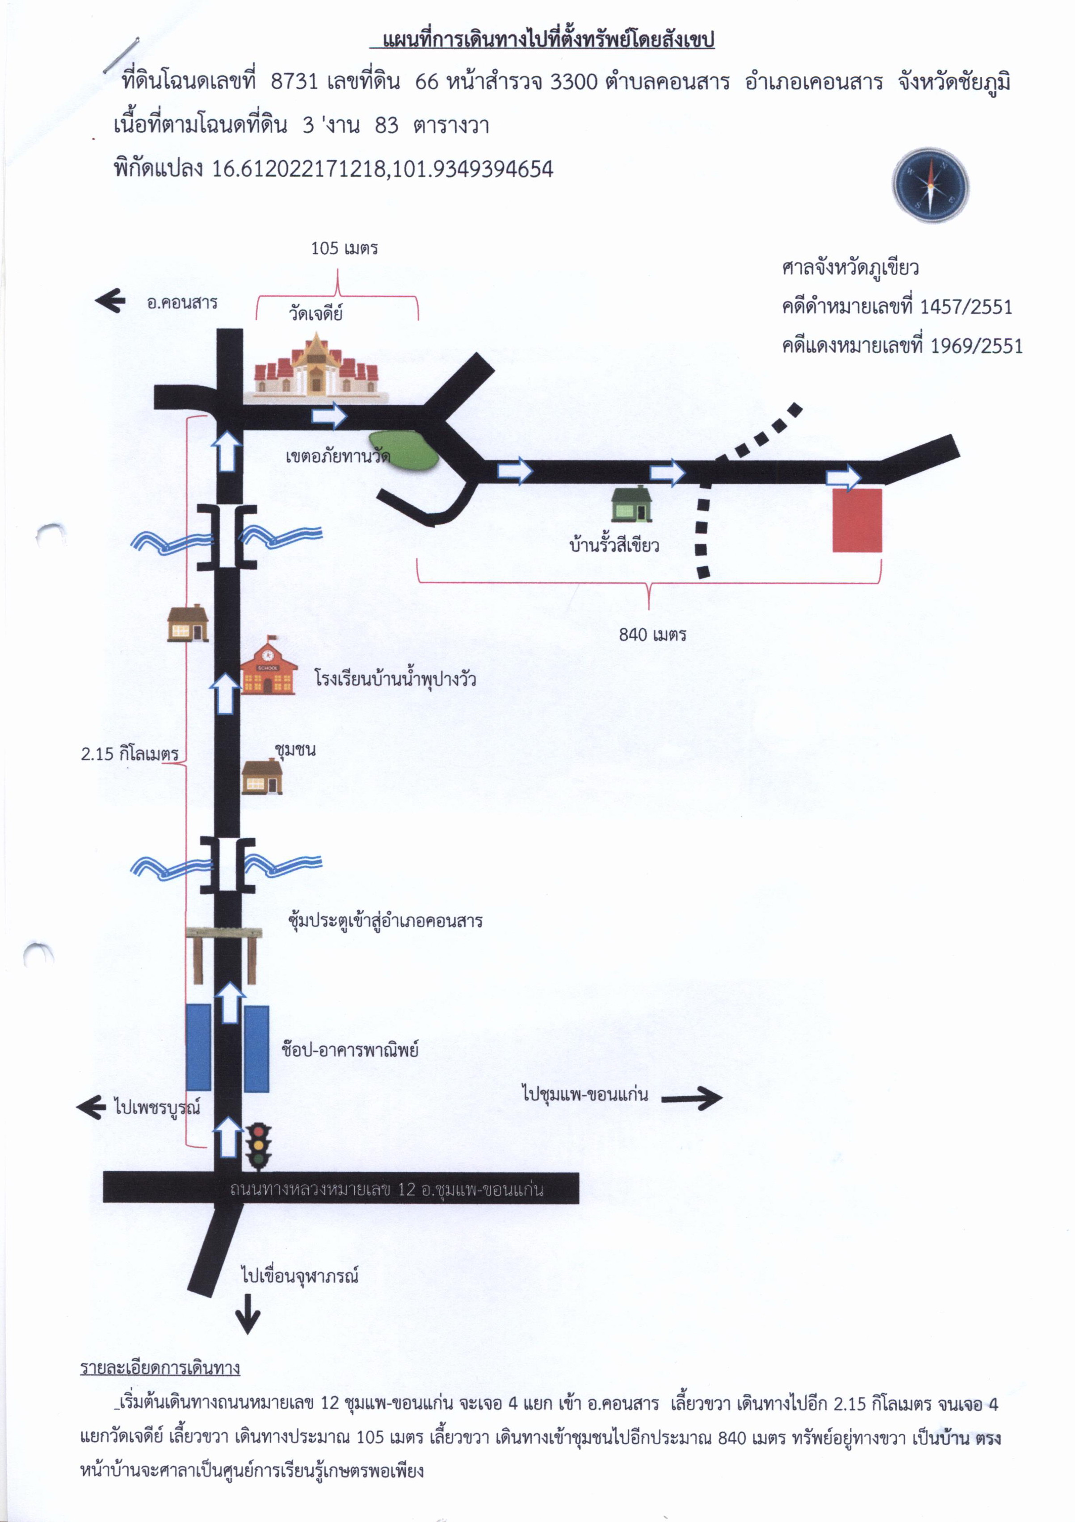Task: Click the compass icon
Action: coord(930,185)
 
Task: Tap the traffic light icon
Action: coord(258,1147)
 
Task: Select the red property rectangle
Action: coord(857,520)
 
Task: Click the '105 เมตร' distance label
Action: coord(344,249)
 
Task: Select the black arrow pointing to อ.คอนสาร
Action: coord(110,300)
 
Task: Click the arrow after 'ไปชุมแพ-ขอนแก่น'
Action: coord(692,1098)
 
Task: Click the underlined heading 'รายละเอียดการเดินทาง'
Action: coord(160,1367)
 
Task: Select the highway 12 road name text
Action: coord(386,1189)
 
